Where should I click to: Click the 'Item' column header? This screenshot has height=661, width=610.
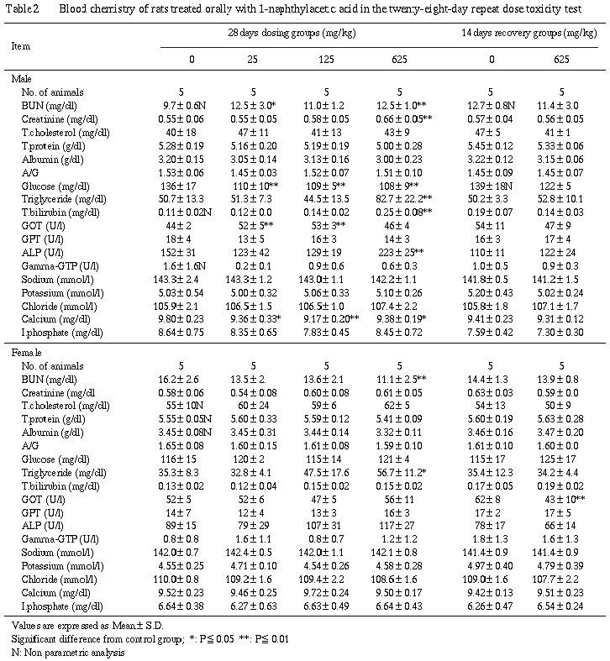tap(21, 45)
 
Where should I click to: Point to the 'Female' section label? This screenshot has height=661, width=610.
tap(24, 353)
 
